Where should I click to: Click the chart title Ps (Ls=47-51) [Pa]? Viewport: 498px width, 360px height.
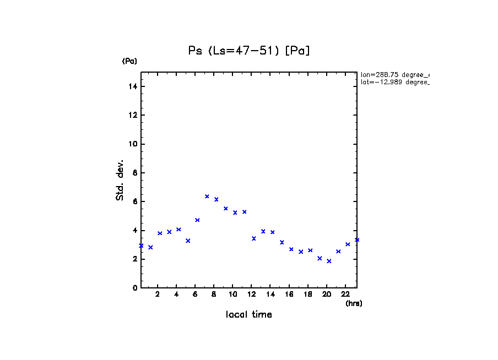(x=249, y=51)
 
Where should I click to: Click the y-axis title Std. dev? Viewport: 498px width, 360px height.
(x=120, y=181)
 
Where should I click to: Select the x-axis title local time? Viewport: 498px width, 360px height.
(x=249, y=315)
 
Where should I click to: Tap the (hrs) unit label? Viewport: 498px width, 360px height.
(x=354, y=303)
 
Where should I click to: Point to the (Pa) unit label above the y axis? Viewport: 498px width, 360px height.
(x=129, y=61)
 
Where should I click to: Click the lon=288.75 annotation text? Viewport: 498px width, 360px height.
(x=394, y=74)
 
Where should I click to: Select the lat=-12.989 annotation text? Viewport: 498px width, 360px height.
(x=394, y=82)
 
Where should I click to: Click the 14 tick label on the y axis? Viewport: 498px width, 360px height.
(x=133, y=86)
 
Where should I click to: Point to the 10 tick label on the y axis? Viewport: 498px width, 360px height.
(x=133, y=144)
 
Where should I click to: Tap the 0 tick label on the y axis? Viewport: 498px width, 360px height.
(x=135, y=288)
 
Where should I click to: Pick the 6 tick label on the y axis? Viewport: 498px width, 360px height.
(x=135, y=201)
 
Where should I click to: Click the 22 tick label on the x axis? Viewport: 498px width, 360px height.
(x=345, y=294)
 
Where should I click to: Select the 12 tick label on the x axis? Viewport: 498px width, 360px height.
(x=252, y=294)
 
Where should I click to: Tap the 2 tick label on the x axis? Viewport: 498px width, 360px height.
(x=158, y=294)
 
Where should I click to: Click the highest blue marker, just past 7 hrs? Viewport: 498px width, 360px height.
(x=207, y=196)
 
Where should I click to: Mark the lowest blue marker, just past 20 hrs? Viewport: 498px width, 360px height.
(x=329, y=261)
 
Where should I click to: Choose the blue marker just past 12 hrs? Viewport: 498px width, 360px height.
(x=254, y=238)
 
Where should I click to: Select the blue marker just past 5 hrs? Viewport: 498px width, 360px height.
(x=188, y=241)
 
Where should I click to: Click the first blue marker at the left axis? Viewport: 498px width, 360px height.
(x=141, y=246)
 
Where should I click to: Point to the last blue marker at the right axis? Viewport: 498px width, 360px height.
(x=357, y=239)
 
